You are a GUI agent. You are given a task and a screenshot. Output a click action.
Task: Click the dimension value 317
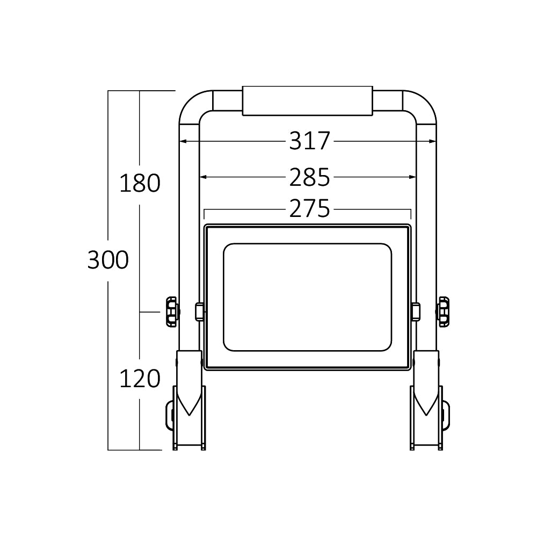point(309,141)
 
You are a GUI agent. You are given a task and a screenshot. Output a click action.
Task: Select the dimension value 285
point(309,177)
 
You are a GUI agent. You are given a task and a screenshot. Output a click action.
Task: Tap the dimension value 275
point(309,209)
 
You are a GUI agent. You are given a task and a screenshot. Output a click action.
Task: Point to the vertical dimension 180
point(140,184)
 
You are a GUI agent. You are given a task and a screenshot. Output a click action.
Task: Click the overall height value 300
point(108,260)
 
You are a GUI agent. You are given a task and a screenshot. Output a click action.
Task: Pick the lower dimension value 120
point(140,379)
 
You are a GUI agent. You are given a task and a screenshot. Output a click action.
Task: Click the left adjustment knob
point(171,311)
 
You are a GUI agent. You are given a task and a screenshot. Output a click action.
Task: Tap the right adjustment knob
point(444,311)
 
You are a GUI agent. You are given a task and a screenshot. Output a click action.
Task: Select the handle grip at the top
point(307,100)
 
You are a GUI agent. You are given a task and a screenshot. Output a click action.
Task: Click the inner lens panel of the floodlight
point(307,297)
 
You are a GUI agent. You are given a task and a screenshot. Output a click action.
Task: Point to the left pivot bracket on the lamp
point(199,311)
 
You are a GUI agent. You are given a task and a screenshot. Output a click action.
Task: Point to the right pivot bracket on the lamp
point(416,311)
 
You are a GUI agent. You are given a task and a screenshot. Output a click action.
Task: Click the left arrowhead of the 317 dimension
point(183,142)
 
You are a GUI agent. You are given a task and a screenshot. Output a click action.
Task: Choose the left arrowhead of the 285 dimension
point(203,177)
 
